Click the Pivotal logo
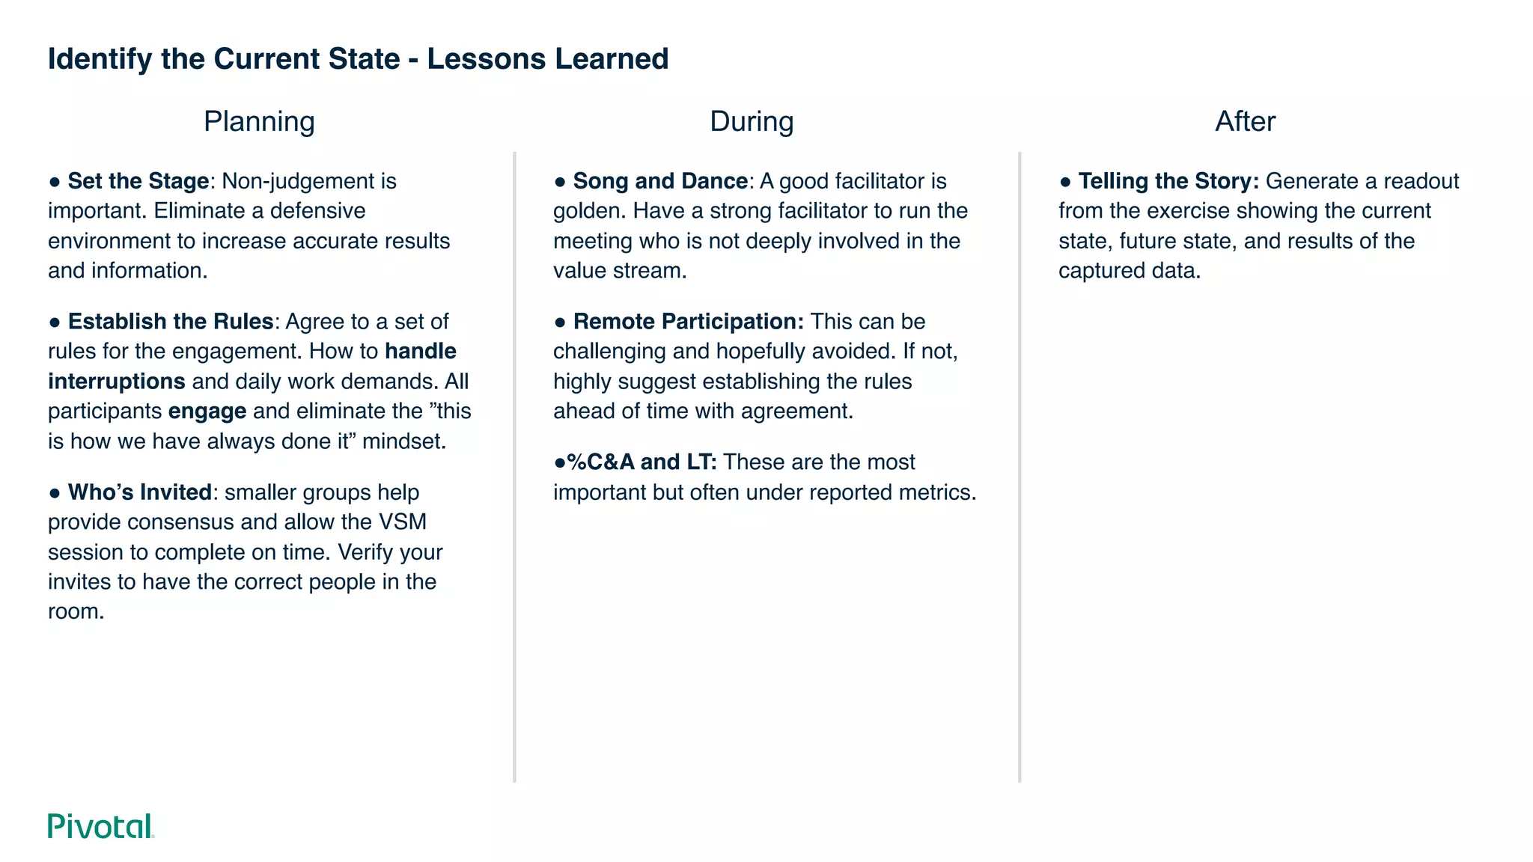(101, 826)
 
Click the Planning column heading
(259, 121)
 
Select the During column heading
(752, 121)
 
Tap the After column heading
(1245, 121)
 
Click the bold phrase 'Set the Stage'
(138, 181)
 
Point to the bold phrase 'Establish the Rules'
(170, 322)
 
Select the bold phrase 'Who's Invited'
(139, 492)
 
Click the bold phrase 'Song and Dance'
(660, 181)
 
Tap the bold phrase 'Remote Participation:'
(688, 322)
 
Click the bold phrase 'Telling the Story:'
(1168, 181)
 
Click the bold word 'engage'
(207, 412)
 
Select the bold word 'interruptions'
(117, 382)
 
